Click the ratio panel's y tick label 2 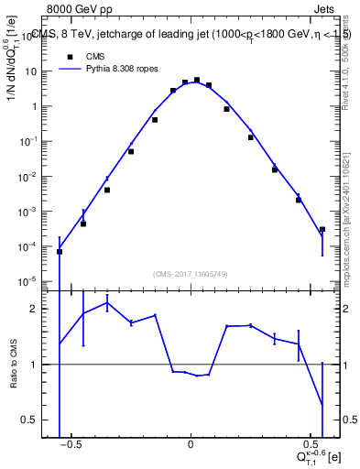pos(42,309)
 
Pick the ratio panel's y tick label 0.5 pos(38,420)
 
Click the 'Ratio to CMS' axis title pos(15,365)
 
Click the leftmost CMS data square pos(60,251)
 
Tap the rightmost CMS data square pos(322,229)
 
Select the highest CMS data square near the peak pos(197,81)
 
